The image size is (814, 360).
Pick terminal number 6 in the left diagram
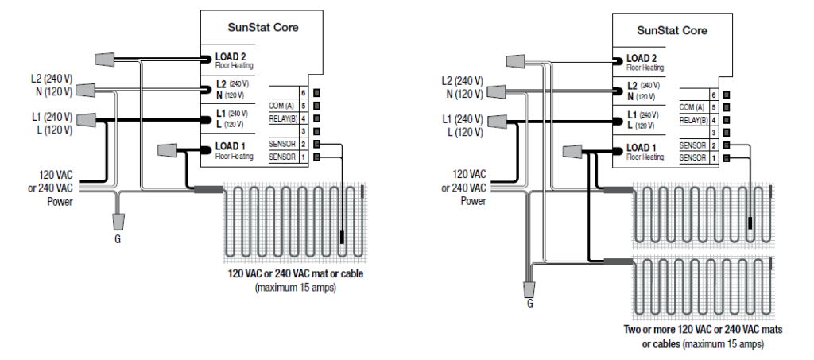[x=304, y=94]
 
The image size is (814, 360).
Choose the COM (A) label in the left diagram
[x=281, y=106]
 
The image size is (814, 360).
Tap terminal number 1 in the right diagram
[x=715, y=157]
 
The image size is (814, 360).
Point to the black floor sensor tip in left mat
[x=342, y=236]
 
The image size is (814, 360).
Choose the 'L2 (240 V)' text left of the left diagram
[x=50, y=80]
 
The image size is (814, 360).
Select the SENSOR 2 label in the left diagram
[x=282, y=145]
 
